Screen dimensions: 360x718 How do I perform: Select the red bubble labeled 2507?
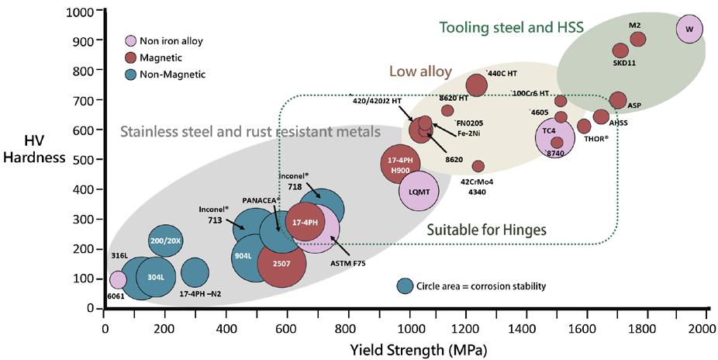[287, 264]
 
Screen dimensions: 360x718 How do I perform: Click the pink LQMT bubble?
[419, 191]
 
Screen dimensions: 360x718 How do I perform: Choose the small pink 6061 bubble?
[118, 279]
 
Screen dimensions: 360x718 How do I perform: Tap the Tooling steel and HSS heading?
[511, 27]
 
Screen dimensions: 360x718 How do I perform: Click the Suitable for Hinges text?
[487, 230]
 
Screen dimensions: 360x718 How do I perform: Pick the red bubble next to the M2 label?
[637, 40]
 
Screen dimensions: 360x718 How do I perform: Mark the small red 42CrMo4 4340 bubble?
[478, 167]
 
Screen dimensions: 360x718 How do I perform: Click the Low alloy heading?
[420, 71]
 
